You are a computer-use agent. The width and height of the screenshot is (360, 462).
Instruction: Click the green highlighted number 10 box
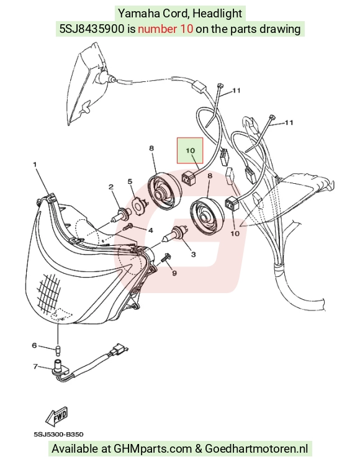(190, 150)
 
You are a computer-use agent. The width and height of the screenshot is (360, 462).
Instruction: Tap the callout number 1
(35, 164)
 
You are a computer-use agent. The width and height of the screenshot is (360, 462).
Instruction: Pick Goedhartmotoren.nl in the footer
(256, 449)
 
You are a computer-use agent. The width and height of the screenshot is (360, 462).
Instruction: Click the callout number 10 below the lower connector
(235, 233)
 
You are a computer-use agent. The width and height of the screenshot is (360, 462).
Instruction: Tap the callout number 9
(174, 273)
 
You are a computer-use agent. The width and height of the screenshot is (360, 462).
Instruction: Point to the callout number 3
(193, 254)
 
